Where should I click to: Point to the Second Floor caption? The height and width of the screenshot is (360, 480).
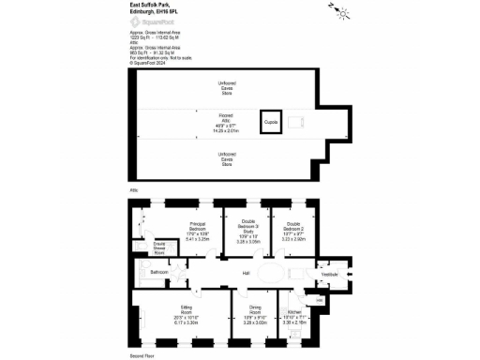point(141,357)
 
